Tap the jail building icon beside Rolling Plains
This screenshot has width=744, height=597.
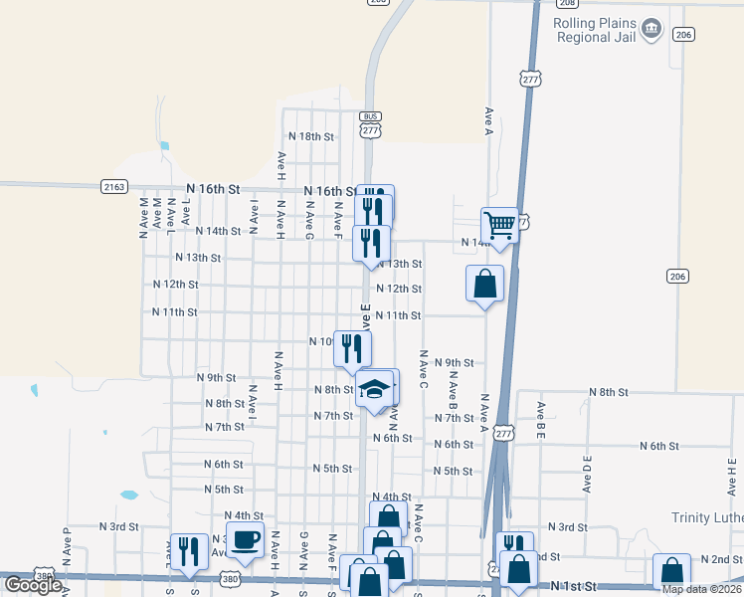pyautogui.click(x=651, y=29)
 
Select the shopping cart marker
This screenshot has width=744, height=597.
pyautogui.click(x=498, y=225)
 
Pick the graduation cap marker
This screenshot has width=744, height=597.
pyautogui.click(x=375, y=389)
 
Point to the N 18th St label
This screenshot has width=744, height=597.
pyautogui.click(x=310, y=136)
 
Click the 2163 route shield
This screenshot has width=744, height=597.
pyautogui.click(x=114, y=186)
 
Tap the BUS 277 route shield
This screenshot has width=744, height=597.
pyautogui.click(x=371, y=124)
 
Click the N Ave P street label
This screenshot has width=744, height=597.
pyautogui.click(x=67, y=547)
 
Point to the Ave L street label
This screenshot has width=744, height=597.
pyautogui.click(x=185, y=213)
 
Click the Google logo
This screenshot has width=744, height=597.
pyautogui.click(x=33, y=585)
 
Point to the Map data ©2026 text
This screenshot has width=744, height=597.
pyautogui.click(x=701, y=589)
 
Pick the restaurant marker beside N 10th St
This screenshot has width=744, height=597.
pyautogui.click(x=352, y=347)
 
